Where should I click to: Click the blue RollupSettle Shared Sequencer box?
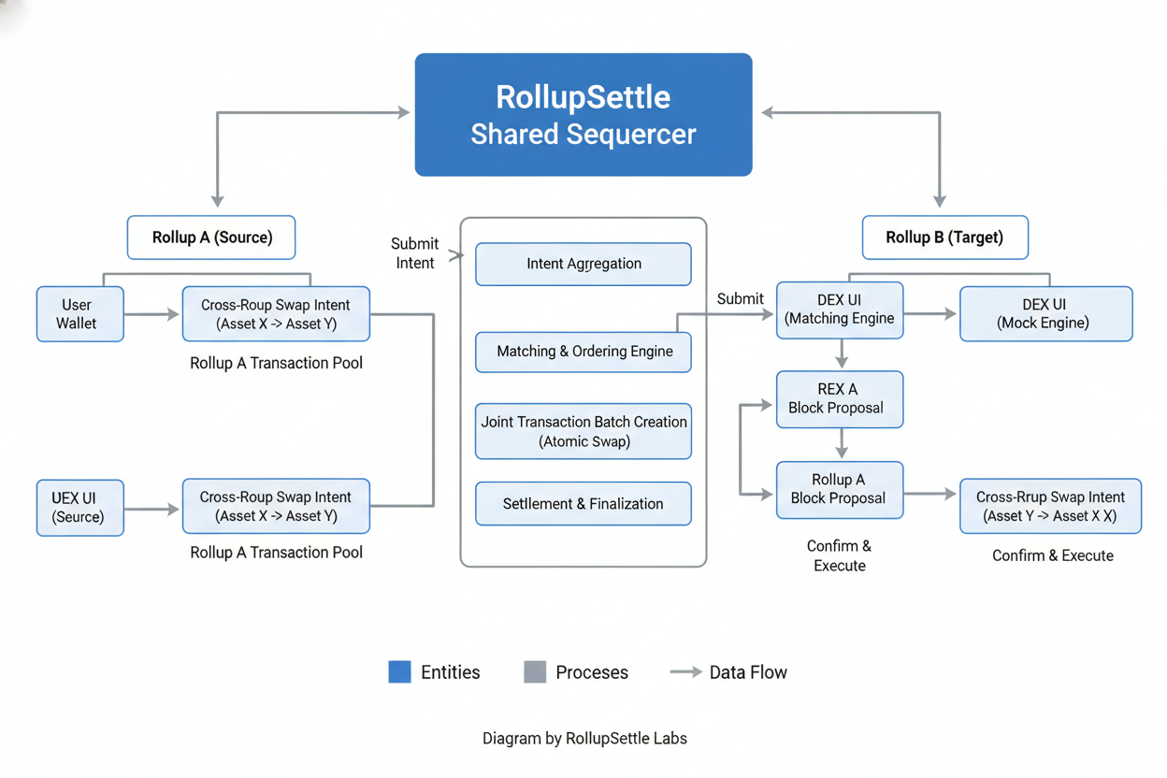[583, 115]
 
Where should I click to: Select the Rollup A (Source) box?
[211, 238]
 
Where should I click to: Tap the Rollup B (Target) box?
[944, 238]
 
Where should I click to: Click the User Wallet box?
[79, 314]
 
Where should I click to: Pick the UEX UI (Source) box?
[79, 508]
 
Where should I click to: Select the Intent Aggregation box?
[583, 264]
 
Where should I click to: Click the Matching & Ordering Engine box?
[583, 352]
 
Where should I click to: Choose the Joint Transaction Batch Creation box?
[583, 431]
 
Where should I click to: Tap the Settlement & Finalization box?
[583, 504]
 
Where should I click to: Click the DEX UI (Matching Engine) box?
[840, 310]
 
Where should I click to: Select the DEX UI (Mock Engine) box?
[1045, 314]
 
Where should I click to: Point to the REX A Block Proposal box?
[840, 399]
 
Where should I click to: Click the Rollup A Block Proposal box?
[840, 489]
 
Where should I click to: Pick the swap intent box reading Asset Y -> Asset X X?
[1050, 507]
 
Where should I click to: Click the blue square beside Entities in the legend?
[399, 672]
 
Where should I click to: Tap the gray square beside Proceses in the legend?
[535, 672]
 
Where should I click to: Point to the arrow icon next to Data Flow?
[685, 672]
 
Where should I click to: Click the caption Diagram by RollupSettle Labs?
[584, 739]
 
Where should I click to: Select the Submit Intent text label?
[414, 253]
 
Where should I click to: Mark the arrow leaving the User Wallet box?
[151, 314]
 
